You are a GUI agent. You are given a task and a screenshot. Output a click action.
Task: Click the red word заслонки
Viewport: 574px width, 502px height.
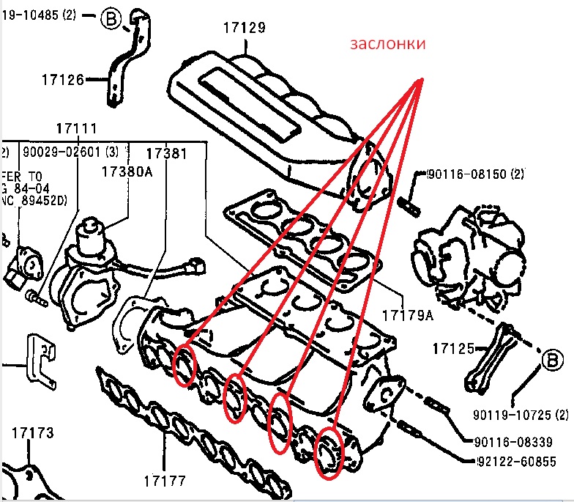pyautogui.click(x=387, y=45)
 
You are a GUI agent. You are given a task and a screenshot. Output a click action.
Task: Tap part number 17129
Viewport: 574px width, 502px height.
pyautogui.click(x=244, y=28)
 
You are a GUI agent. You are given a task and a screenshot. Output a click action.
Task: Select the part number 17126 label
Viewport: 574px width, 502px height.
pyautogui.click(x=63, y=79)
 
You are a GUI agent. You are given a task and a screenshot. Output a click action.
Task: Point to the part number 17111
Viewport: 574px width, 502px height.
pyautogui.click(x=77, y=128)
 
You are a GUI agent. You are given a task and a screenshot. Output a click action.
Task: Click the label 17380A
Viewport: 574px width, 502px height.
pyautogui.click(x=127, y=171)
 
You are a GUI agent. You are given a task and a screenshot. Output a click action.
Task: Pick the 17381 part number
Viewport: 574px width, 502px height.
pyautogui.click(x=166, y=154)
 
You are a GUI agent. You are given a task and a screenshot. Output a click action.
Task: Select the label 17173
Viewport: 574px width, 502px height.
pyautogui.click(x=32, y=433)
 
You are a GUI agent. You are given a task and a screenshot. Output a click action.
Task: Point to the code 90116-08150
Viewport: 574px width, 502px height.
pyautogui.click(x=466, y=174)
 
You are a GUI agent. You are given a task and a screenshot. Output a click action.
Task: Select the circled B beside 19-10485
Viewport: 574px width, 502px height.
pyautogui.click(x=110, y=19)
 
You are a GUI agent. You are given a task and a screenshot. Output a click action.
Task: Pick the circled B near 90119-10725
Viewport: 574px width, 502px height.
pyautogui.click(x=552, y=360)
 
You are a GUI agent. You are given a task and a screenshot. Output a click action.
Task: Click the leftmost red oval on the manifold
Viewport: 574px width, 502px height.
pyautogui.click(x=185, y=366)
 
